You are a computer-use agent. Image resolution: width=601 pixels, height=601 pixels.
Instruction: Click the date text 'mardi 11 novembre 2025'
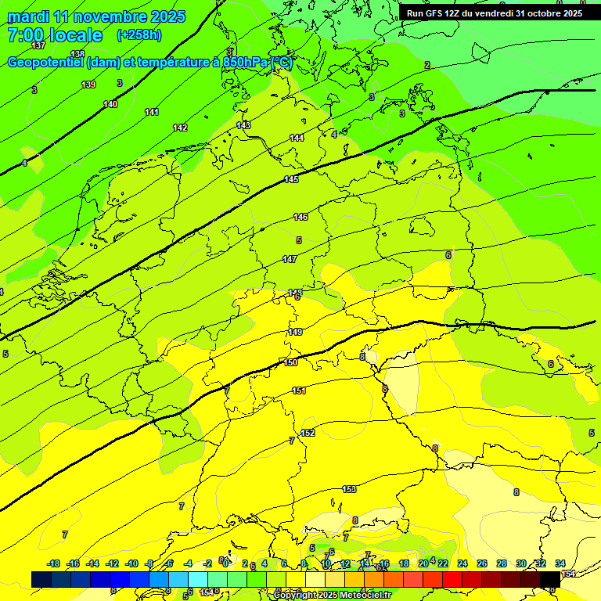pyautogui.click(x=96, y=16)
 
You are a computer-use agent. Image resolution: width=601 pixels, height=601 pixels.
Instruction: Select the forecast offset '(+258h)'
pyautogui.click(x=139, y=35)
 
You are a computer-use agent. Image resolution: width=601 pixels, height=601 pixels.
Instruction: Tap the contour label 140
pyautogui.click(x=110, y=104)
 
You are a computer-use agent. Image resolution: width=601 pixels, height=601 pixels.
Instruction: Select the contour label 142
pyautogui.click(x=180, y=128)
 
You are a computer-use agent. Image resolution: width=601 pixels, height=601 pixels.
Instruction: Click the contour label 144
pyautogui.click(x=297, y=138)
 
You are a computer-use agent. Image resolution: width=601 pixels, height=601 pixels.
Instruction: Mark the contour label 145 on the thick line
pyautogui.click(x=291, y=180)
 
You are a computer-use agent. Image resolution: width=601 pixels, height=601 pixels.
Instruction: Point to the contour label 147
pyautogui.click(x=290, y=259)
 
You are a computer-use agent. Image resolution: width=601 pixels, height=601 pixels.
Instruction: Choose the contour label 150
pyautogui.click(x=290, y=362)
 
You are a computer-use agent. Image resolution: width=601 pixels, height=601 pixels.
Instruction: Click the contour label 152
pyautogui.click(x=308, y=433)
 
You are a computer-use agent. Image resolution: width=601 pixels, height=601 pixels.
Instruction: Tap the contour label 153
pyautogui.click(x=349, y=489)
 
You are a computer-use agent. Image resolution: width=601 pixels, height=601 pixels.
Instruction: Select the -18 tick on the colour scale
pyautogui.click(x=53, y=563)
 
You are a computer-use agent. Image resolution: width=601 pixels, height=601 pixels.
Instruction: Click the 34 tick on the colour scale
pyautogui.click(x=560, y=563)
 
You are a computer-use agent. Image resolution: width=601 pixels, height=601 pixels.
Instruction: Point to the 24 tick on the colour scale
pyautogui.click(x=462, y=563)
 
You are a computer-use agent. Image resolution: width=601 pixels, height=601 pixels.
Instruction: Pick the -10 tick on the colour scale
pyautogui.click(x=131, y=563)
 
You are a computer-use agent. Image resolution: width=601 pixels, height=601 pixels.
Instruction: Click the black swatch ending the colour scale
pyautogui.click(x=550, y=579)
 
